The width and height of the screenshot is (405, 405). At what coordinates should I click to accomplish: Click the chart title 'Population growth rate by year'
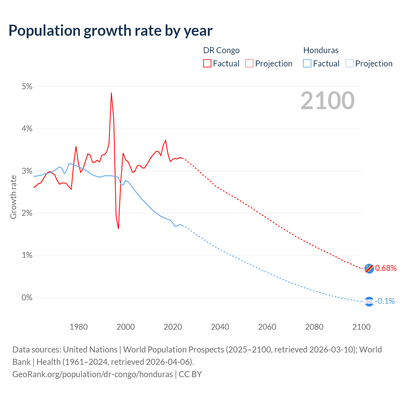pos(110,31)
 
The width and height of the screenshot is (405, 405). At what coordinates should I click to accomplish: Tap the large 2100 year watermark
pos(327,101)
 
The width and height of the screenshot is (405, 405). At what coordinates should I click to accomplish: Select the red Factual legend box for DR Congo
pos(207,63)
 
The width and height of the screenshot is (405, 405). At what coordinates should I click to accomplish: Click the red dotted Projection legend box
pos(249,63)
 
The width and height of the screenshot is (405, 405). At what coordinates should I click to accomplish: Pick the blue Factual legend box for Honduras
pos(307,63)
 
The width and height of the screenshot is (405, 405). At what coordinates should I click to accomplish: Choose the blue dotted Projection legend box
pos(349,63)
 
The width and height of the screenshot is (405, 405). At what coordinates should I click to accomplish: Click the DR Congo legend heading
pos(221,50)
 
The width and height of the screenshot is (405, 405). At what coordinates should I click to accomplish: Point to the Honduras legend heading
pos(321,50)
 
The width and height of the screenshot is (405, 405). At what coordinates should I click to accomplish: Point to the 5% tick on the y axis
pos(27,87)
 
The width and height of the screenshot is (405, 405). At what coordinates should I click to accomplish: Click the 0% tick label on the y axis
pos(27,297)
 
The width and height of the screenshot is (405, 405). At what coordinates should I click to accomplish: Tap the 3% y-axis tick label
pos(27,171)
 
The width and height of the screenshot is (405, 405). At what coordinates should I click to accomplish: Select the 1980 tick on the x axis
pos(78,327)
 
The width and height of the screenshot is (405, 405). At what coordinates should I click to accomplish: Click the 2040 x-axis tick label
pos(220,327)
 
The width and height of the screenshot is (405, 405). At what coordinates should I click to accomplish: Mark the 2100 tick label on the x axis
pos(361,327)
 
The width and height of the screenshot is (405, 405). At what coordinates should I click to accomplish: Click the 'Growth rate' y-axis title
pos(13,197)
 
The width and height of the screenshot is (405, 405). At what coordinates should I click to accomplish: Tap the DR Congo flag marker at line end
pos(369,268)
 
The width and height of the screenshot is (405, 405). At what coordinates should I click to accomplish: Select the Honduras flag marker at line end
pos(369,302)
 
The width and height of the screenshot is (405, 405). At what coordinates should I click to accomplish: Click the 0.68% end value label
pos(386,268)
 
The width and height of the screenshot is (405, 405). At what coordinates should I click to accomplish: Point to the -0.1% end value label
pos(385,301)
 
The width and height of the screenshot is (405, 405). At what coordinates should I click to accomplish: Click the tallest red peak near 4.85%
pos(111,93)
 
